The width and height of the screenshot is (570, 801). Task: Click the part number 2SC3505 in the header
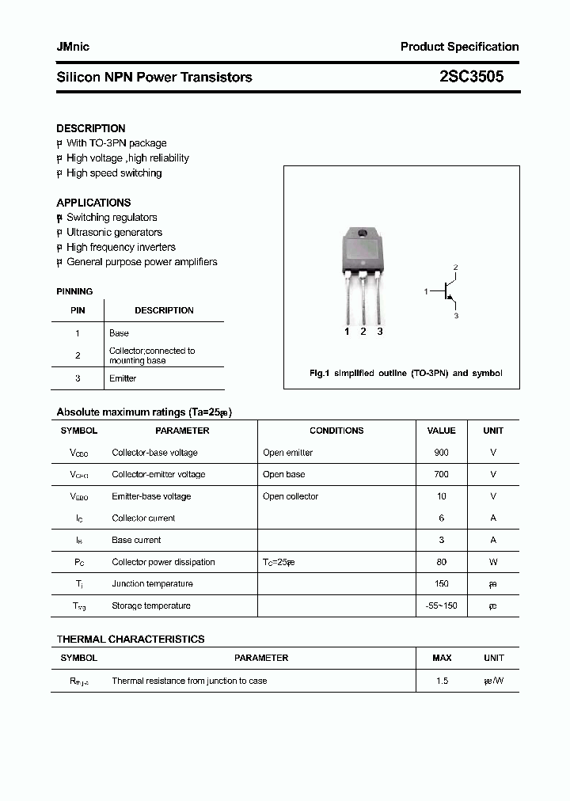pos(471,77)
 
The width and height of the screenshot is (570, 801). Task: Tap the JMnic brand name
pos(73,47)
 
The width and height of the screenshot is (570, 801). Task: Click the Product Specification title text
pos(459,47)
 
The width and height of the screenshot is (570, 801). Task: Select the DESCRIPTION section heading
pos(91,128)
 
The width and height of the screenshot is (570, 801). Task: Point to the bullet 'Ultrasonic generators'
pos(114,233)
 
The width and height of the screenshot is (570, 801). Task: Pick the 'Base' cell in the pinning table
pos(119,333)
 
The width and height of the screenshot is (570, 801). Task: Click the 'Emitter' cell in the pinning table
pos(123,378)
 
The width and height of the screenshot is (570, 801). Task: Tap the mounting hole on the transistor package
pos(363,233)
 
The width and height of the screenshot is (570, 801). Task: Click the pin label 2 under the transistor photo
pos(363,332)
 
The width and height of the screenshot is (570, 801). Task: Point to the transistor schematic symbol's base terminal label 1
pos(426,292)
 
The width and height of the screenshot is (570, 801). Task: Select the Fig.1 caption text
pos(405,374)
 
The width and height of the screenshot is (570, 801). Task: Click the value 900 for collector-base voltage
pos(441,453)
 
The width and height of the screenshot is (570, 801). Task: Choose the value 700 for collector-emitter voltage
pos(441,475)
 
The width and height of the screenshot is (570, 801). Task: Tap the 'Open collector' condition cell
pos(291,497)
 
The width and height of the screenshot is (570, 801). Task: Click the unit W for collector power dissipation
pos(493,562)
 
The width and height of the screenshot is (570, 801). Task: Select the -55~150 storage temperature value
pos(441,606)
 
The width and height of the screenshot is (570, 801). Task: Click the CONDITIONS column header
pos(336,431)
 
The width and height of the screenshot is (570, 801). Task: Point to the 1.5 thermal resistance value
pos(442,681)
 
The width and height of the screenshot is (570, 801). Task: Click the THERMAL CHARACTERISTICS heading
pos(131,639)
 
